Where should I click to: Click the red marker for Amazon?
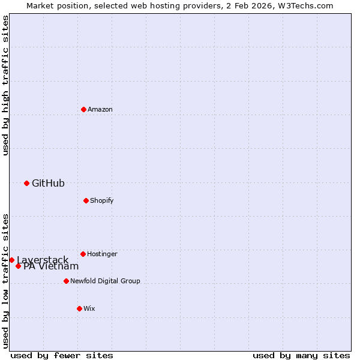click(x=83, y=109)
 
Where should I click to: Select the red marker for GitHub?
click(x=26, y=183)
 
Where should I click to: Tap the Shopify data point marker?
click(x=86, y=200)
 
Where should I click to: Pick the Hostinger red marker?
click(x=83, y=254)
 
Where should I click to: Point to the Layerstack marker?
click(x=11, y=260)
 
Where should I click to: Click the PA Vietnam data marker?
click(x=18, y=266)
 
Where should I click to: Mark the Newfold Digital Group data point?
click(x=66, y=281)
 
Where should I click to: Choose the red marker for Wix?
click(x=79, y=308)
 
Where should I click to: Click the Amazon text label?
click(x=100, y=109)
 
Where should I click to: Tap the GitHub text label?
click(x=48, y=183)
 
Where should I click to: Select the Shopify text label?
click(x=102, y=200)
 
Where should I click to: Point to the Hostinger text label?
click(x=102, y=254)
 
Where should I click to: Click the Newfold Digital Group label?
click(x=105, y=281)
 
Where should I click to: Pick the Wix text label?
click(x=89, y=308)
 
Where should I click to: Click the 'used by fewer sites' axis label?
click(x=62, y=355)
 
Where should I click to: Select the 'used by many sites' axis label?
click(x=301, y=355)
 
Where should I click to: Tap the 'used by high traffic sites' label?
click(x=5, y=85)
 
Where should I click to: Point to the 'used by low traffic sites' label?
click(x=5, y=280)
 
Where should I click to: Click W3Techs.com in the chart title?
click(x=307, y=5)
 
